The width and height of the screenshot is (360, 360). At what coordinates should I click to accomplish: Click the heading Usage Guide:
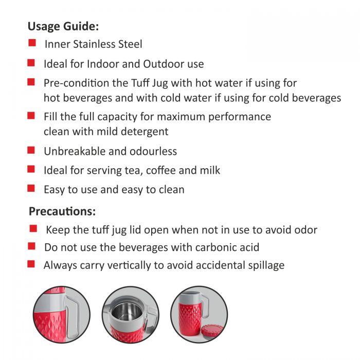[63, 26]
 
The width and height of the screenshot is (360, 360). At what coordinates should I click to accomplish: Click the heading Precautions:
[62, 211]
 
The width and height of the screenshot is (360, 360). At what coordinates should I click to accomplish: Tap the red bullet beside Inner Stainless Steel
[32, 43]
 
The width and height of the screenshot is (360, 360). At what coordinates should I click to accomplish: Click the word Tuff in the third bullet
[140, 83]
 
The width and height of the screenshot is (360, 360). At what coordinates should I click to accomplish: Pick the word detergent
[145, 132]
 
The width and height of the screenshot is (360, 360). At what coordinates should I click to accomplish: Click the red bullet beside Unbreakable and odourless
[31, 150]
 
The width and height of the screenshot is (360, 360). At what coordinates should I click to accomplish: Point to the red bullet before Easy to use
[31, 188]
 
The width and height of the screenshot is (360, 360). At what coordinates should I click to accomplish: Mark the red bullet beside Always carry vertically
[31, 264]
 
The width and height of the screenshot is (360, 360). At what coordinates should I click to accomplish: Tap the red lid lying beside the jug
[212, 331]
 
